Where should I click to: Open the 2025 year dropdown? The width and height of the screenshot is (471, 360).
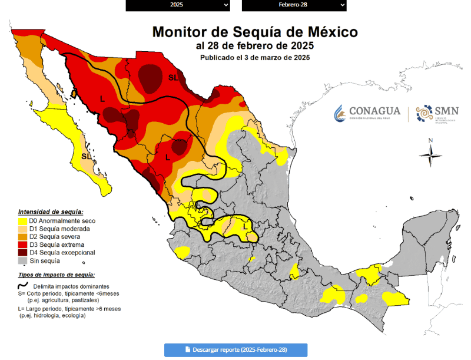click(178, 5)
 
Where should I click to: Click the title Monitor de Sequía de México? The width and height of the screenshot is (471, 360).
click(254, 31)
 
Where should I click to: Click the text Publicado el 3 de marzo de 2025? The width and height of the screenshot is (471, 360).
click(254, 58)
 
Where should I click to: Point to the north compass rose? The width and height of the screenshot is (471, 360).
click(431, 154)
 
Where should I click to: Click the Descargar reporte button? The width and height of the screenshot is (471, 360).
click(235, 349)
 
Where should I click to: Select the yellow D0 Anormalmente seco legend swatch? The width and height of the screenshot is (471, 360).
click(22, 221)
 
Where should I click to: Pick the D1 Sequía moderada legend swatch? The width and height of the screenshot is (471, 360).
click(22, 229)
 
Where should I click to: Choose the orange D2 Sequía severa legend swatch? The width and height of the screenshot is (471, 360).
click(22, 237)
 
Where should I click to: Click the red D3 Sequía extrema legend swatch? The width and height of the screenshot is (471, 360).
click(22, 245)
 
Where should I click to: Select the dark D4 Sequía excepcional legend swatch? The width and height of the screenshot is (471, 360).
click(22, 253)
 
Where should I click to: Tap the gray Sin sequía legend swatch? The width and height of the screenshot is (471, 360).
click(22, 260)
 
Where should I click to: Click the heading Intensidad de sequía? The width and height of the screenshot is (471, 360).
click(51, 212)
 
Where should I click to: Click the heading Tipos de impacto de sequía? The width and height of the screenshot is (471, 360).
click(57, 275)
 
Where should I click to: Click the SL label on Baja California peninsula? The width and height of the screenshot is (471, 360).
click(87, 157)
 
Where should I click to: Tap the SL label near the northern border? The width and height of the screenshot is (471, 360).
click(174, 77)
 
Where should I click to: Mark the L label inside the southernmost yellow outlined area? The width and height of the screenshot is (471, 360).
click(246, 226)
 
